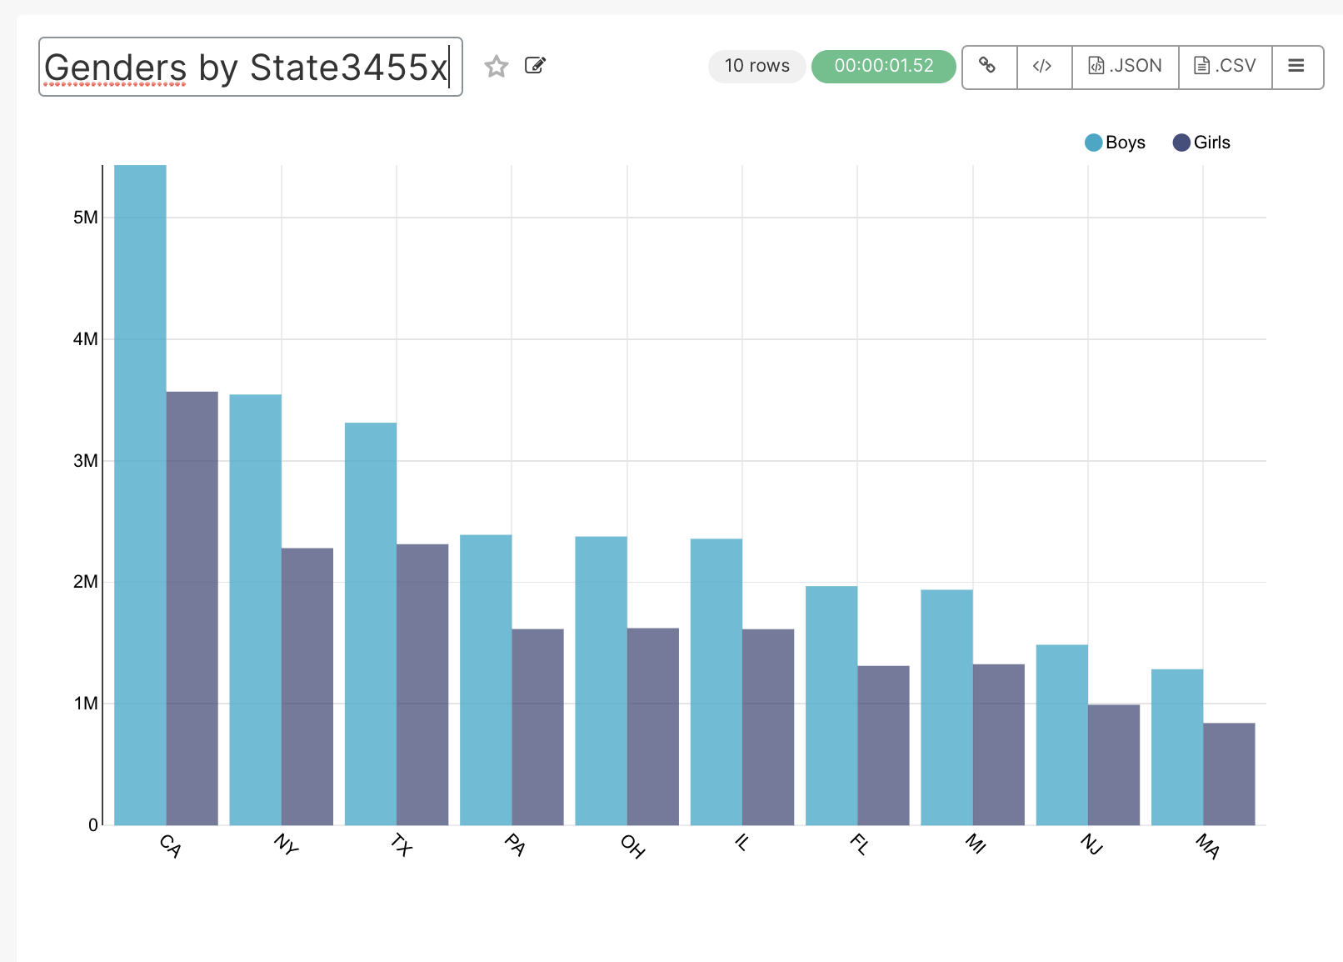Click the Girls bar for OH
(x=653, y=726)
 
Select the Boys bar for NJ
(x=1062, y=734)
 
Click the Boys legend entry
(x=1116, y=143)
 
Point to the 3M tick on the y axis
(x=85, y=461)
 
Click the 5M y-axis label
(x=85, y=218)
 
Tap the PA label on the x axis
(x=515, y=845)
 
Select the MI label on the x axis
(x=976, y=844)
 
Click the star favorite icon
(x=497, y=66)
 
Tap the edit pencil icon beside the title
(x=535, y=66)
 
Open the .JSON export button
(x=1126, y=67)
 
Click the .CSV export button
(x=1225, y=67)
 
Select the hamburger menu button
(x=1296, y=67)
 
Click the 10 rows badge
(x=756, y=67)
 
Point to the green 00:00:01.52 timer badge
(x=883, y=67)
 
